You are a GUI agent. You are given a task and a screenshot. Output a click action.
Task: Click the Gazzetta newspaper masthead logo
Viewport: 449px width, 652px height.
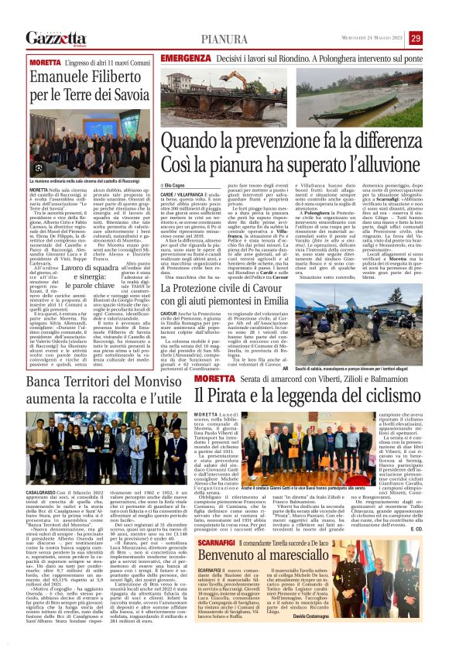[54, 38]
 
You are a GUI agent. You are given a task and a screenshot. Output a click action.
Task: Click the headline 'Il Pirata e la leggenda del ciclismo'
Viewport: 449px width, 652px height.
[306, 395]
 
